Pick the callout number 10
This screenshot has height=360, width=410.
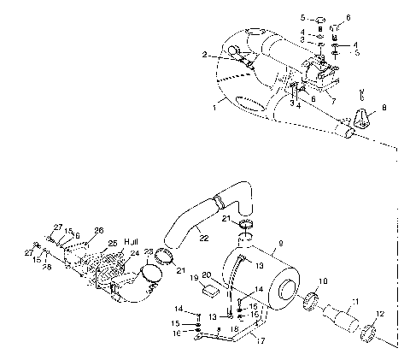pos(322,281)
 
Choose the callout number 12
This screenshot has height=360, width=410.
pos(381,315)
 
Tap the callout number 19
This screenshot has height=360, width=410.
pos(196,277)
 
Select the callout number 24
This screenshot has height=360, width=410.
pos(135,254)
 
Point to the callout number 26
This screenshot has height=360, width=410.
pos(98,230)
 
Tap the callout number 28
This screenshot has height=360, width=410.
pos(46,267)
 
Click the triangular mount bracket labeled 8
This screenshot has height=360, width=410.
pos(364,119)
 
